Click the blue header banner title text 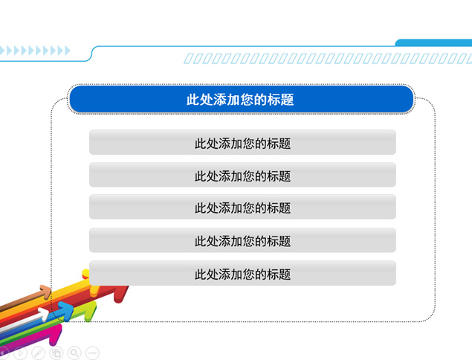coord(240,100)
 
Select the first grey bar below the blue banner coord(242,142)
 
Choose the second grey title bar coord(242,175)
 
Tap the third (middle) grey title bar coord(242,207)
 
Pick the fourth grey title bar coord(242,240)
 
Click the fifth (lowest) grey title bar coord(242,273)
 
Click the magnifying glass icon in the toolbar coord(74,353)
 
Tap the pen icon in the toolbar coord(39,353)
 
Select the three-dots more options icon coord(92,353)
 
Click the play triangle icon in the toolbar coord(21,353)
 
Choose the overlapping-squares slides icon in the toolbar coord(56,353)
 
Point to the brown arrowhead coord(46,292)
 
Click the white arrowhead coord(44,314)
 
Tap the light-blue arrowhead coord(66,310)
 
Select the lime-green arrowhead coord(91,311)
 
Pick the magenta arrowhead coord(56,335)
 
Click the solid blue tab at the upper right coord(433,42)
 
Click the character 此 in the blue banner coord(193,100)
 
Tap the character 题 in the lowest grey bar coord(285,274)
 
